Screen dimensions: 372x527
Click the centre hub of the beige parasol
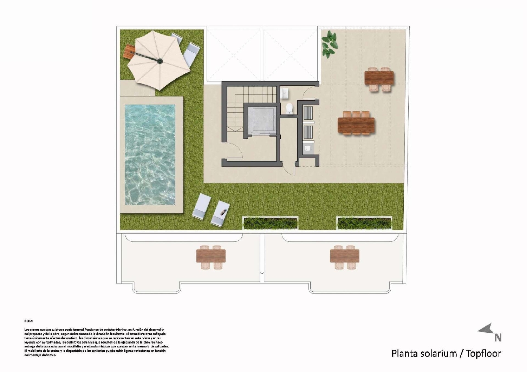click(160, 61)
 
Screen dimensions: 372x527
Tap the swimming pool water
click(150, 154)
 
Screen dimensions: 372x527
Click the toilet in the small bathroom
click(289, 108)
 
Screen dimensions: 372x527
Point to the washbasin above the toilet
click(285, 93)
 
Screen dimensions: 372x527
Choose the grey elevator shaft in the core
click(260, 120)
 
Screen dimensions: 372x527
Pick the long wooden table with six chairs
click(356, 124)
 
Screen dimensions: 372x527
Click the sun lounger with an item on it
click(220, 213)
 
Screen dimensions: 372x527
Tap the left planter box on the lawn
click(270, 222)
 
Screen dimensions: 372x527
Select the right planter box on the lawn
click(364, 222)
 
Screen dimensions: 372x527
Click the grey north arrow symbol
click(486, 329)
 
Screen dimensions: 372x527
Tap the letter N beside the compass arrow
click(498, 338)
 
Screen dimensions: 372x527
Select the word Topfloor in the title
click(483, 353)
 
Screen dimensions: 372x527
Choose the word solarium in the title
click(438, 353)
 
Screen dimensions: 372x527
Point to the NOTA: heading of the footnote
click(28, 321)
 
